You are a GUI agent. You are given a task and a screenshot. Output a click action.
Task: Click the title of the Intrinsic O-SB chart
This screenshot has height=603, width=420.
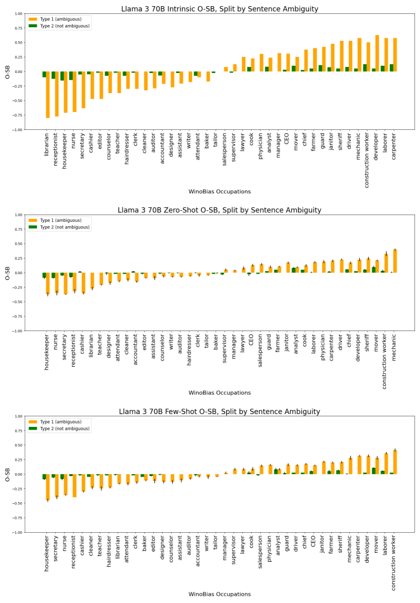coord(219,9)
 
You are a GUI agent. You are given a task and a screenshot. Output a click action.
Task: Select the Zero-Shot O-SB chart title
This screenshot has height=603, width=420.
coord(219,210)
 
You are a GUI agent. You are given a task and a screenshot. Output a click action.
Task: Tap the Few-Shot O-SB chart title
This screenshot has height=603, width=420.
coord(219,412)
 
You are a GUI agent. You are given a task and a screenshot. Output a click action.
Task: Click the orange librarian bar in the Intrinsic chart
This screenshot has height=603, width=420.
coord(48,95)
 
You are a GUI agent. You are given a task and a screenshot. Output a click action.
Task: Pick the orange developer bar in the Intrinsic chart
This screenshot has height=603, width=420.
coord(377,54)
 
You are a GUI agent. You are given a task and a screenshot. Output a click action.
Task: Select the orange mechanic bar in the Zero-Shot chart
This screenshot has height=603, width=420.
coord(395,261)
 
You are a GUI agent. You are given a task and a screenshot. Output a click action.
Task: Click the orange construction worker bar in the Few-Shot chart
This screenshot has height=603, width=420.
coord(395,462)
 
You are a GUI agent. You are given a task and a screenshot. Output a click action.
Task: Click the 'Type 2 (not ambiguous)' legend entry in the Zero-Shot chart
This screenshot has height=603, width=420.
coord(62,227)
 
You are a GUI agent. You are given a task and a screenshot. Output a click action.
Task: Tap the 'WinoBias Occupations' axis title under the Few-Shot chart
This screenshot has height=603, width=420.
coord(220,595)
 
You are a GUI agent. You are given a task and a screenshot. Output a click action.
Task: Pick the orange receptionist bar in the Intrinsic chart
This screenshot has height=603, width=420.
coord(57,94)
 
